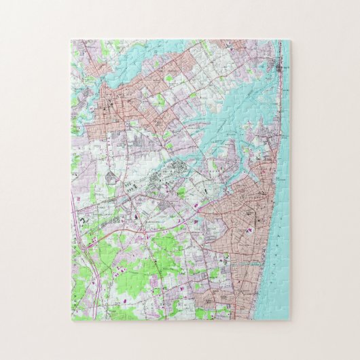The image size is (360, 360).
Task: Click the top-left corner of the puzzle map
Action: [71, 40]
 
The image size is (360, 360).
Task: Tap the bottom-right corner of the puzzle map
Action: [290, 321]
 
